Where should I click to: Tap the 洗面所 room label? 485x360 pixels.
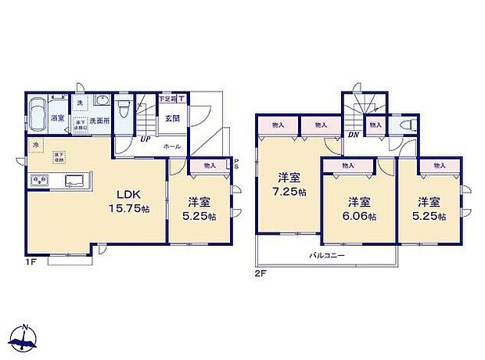pos(98,121)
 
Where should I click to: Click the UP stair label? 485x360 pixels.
pos(145,140)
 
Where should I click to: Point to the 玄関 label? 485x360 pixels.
pos(172,119)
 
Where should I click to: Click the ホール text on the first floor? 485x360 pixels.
pos(172,146)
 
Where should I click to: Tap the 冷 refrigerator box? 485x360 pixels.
pos(35,146)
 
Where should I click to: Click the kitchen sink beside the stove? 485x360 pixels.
pos(74,181)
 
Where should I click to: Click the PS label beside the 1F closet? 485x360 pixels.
pos(237,164)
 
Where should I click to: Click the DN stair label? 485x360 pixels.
pos(353,134)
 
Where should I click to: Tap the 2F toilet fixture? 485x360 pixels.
pos(405,125)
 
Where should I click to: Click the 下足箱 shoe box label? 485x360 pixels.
pos(167,99)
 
